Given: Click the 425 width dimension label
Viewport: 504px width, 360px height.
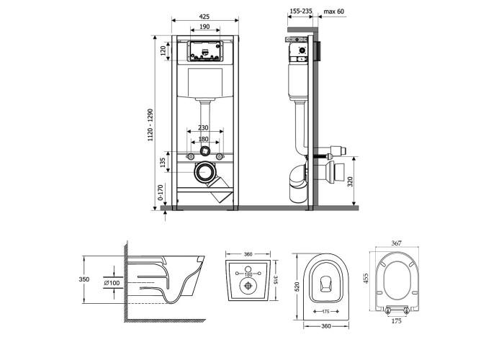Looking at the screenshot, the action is point(204,17).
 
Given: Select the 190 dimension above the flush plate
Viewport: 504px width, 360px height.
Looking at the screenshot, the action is point(204,27).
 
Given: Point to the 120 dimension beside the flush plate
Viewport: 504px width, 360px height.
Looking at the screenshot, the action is point(163,50).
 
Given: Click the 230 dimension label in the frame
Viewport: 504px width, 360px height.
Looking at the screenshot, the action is point(203,127).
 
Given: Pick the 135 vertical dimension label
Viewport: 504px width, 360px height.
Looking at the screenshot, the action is point(163,162).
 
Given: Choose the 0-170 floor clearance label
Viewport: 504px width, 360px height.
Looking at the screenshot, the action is point(161,192).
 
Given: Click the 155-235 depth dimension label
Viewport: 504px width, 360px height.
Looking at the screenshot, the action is point(301,12).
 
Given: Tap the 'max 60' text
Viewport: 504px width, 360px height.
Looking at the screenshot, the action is point(333,12).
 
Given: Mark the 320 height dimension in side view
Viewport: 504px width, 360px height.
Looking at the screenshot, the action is point(351,181).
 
